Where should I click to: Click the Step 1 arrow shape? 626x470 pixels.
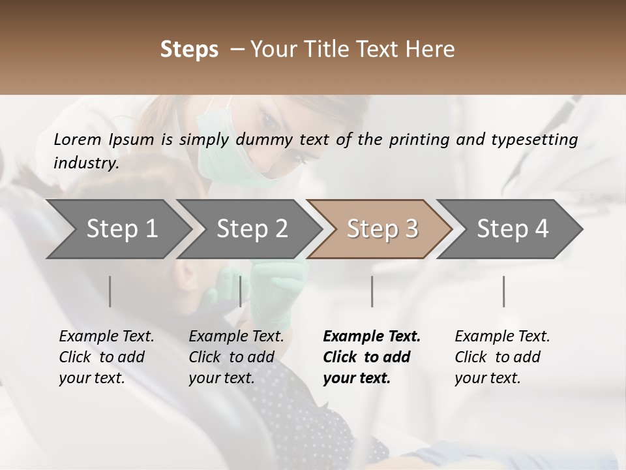point(117,228)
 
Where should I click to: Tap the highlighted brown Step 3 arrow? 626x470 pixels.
point(381,228)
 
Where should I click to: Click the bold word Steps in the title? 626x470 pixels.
point(189,50)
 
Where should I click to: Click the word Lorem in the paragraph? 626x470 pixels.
point(78,139)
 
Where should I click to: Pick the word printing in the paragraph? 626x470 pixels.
point(413,139)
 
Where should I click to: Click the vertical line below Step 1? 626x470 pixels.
point(110,291)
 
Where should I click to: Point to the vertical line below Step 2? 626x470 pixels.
point(241,291)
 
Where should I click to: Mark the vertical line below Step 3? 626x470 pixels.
point(372,291)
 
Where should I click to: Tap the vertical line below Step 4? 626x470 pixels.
point(504,291)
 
